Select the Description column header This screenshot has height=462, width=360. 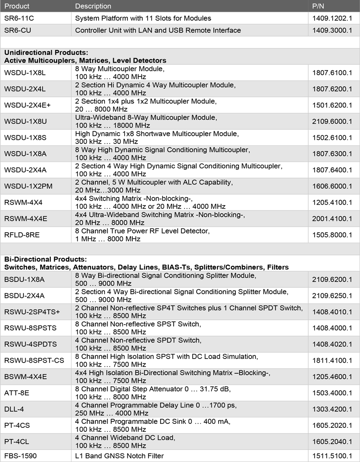pyautogui.click(x=93, y=6)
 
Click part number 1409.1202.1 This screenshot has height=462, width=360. pyautogui.click(x=333, y=18)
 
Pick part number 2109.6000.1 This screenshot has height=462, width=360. pyautogui.click(x=333, y=121)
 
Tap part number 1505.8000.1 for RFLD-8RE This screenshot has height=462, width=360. pyautogui.click(x=333, y=235)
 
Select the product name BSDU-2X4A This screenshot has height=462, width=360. pyautogui.click(x=24, y=296)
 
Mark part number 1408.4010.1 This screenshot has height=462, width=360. pyautogui.click(x=333, y=312)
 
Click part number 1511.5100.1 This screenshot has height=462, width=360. pyautogui.click(x=333, y=456)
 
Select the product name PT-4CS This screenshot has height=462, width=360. pyautogui.click(x=17, y=426)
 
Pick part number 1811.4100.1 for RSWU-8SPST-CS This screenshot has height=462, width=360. pyautogui.click(x=333, y=361)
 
